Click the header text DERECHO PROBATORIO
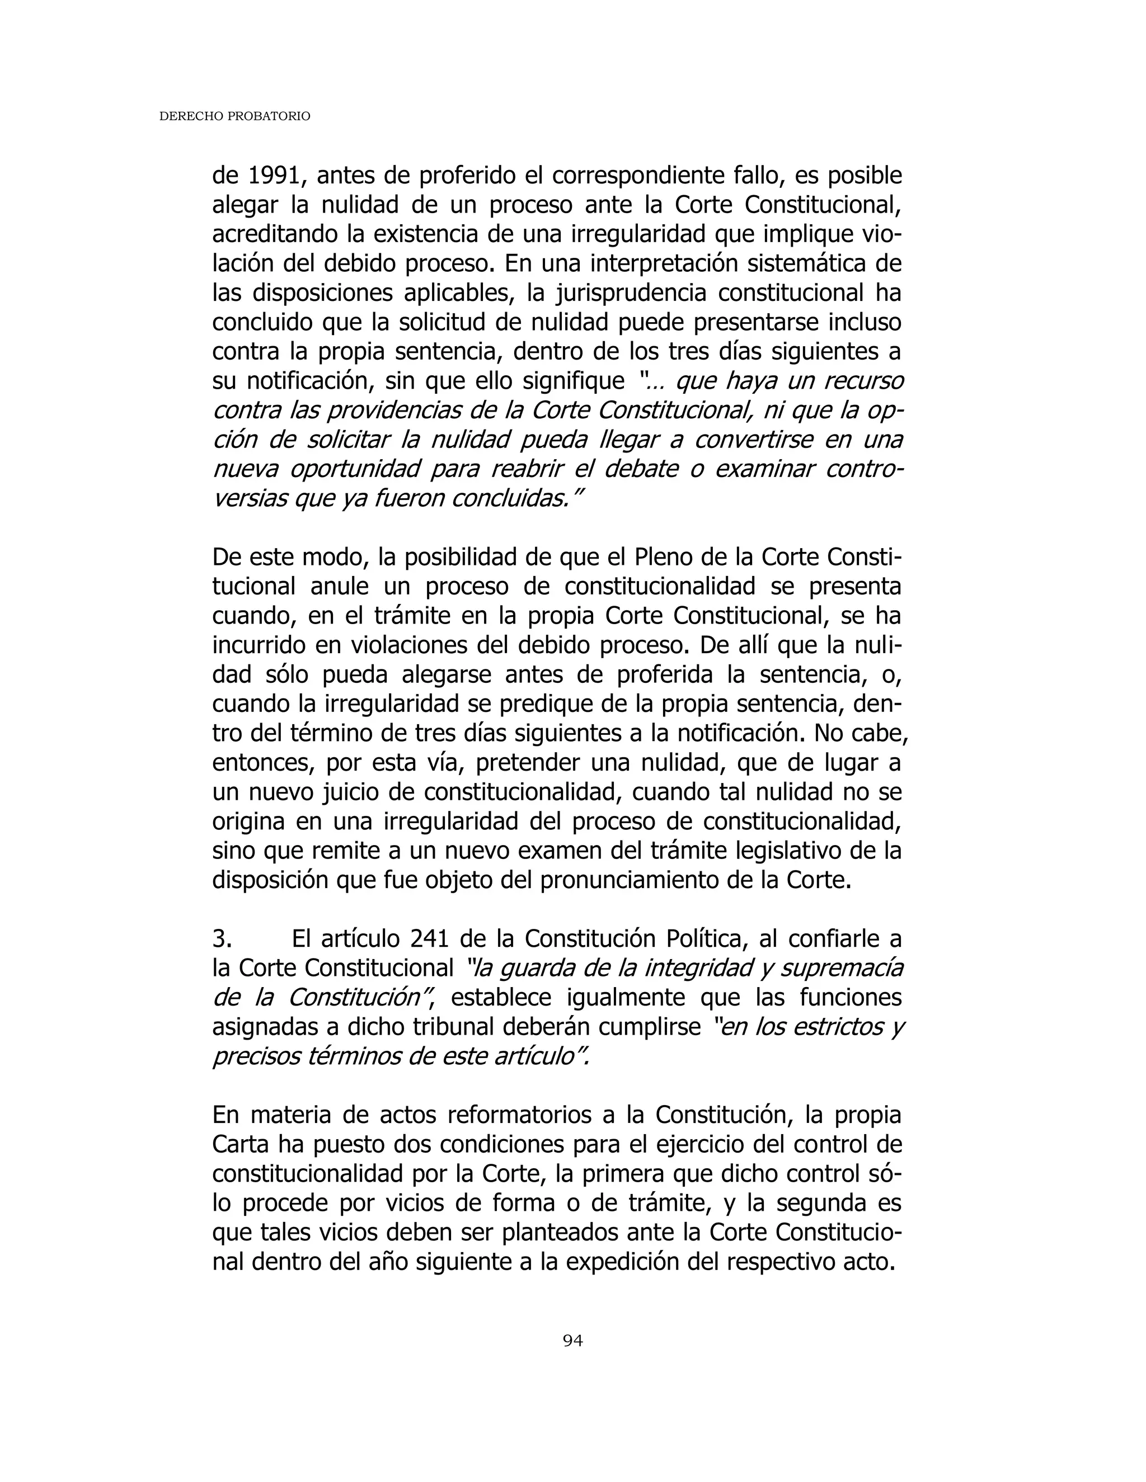tap(234, 117)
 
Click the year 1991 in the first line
tap(270, 176)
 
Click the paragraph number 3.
tap(222, 939)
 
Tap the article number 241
tap(429, 939)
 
